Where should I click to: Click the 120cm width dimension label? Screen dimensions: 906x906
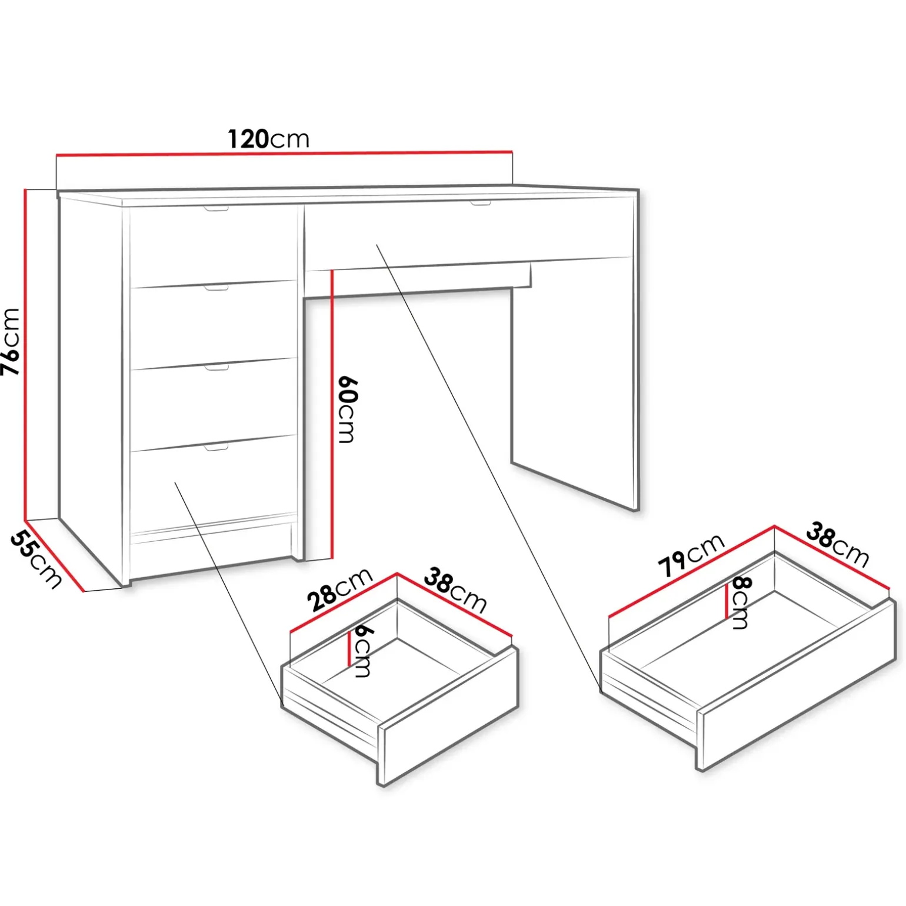pos(268,139)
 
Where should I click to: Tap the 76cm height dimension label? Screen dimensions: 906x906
pos(11,342)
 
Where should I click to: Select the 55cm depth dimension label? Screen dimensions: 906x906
pos(36,559)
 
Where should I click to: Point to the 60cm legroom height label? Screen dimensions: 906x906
pos(348,409)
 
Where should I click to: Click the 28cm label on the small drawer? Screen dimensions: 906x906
pos(340,590)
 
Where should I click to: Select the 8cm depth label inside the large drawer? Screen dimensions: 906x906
pos(741,603)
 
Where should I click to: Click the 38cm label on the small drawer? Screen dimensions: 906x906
pos(455,590)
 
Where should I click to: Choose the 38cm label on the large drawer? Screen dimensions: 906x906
pos(837,544)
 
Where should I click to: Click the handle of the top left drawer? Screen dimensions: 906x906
pos(216,209)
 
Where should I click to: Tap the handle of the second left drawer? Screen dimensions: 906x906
pos(216,288)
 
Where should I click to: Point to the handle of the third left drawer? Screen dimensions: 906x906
pos(216,368)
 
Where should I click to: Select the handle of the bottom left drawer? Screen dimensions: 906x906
pos(216,448)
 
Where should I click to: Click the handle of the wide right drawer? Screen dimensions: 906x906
pos(480,204)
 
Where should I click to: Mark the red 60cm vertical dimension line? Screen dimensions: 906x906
pos(332,414)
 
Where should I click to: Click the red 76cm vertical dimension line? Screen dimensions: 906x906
pos(25,355)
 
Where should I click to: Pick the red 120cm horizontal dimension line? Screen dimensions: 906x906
pos(284,154)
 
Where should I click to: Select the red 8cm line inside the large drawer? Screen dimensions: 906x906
pos(727,599)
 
